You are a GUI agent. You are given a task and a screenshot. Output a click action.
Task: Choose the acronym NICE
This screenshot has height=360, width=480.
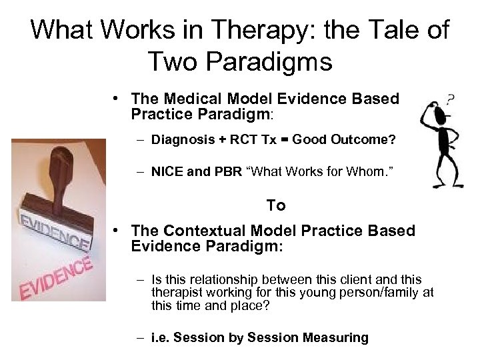click(x=167, y=173)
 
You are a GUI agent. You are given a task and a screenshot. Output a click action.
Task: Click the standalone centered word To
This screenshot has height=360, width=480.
click(x=276, y=205)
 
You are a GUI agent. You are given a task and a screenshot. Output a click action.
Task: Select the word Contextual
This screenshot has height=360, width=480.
click(x=205, y=231)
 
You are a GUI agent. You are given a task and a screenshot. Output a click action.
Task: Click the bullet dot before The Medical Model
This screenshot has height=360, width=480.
click(x=116, y=99)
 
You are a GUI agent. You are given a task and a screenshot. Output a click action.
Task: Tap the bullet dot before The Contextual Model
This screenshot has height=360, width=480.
click(x=116, y=231)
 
